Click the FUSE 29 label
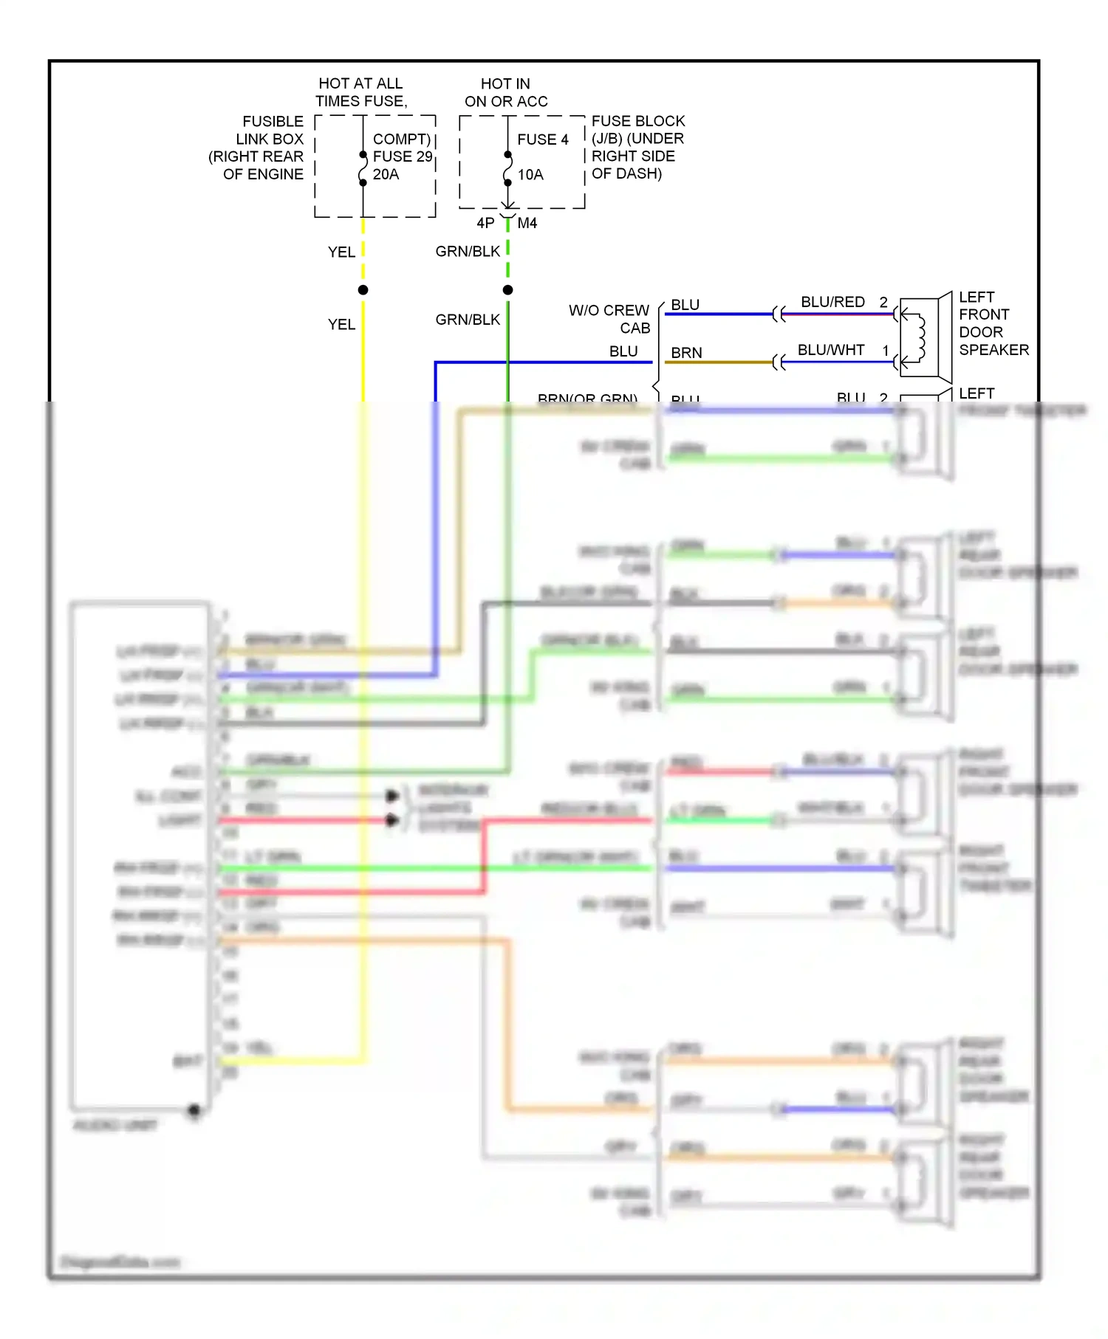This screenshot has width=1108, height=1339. coord(402,156)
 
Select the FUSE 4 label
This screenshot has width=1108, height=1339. coord(542,140)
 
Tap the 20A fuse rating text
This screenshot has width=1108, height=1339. coord(386,174)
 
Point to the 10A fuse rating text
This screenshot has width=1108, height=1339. coord(530,175)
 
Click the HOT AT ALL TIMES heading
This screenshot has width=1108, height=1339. coord(360,92)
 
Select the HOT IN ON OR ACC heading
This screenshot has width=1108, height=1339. coord(506,92)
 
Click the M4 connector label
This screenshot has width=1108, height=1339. coord(527,223)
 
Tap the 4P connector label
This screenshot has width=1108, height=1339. coord(485,223)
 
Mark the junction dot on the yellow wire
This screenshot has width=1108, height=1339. coord(363,290)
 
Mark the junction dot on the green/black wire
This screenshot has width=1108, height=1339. coord(507,290)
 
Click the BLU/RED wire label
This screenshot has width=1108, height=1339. coord(832,302)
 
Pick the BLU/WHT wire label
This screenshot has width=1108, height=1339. coord(831,350)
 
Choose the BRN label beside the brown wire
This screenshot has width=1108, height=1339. coord(686,353)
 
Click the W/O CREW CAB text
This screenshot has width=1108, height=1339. coord(609,319)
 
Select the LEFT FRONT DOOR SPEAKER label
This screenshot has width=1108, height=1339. coord(993,323)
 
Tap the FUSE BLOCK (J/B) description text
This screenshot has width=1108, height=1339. coord(637,147)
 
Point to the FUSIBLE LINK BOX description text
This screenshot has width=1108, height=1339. coord(256,148)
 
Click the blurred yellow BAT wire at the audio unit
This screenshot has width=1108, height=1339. coord(295,1061)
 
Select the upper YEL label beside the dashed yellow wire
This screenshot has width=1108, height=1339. coord(341,252)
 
